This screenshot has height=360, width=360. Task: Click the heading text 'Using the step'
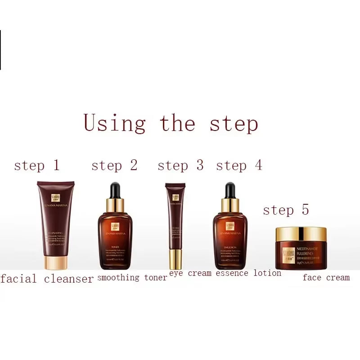pos(171,123)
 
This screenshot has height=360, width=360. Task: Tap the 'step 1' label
pos(37,165)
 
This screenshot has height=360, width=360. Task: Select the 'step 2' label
pos(114,165)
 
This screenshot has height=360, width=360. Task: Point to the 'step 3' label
pos(180,165)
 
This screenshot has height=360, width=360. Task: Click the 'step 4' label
pos(239,165)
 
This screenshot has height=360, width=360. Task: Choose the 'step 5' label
pos(286,210)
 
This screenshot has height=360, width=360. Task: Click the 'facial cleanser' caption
pos(47,279)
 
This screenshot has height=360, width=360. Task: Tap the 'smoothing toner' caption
pos(132,278)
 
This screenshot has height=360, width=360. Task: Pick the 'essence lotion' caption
pos(248,273)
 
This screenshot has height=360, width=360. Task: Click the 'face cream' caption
pos(326,278)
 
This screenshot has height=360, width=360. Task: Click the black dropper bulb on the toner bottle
pos(115,189)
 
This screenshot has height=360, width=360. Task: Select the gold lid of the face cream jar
pos(301,234)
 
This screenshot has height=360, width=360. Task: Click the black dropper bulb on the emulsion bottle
pos(230,189)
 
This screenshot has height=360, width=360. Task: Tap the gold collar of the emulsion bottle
pos(230,205)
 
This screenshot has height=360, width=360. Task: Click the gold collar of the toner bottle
pos(115,205)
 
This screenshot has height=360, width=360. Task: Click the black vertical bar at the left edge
pos(0,49)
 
